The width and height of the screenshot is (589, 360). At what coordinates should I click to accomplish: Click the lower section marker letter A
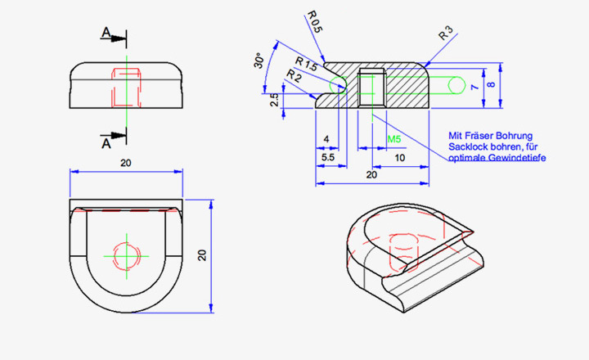[x=105, y=142]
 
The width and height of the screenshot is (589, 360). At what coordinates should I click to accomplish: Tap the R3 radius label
[x=446, y=34]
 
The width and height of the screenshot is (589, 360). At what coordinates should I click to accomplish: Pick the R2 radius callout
[x=293, y=76]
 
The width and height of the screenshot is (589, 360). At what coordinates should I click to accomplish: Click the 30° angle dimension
[x=259, y=61]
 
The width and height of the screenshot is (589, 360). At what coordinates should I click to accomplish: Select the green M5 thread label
[x=393, y=140]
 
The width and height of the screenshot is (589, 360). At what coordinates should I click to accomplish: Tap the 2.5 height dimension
[x=276, y=100]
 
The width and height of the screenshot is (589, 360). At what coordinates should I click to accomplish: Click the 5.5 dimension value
[x=327, y=155]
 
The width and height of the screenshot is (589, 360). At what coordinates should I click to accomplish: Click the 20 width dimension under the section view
[x=372, y=174]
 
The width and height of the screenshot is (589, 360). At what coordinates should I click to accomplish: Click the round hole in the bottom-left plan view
[x=127, y=255]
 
